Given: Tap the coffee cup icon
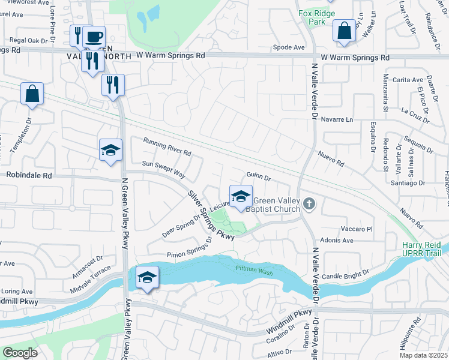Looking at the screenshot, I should (94, 36).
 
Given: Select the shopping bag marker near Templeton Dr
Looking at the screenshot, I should (32, 94).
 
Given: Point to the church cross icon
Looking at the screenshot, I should (309, 205).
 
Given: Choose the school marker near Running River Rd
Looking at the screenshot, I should (111, 151).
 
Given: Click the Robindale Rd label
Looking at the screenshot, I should (29, 176).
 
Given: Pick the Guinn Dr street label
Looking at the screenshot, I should (259, 178).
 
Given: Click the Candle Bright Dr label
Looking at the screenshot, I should (345, 275).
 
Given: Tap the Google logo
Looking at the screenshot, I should (20, 353).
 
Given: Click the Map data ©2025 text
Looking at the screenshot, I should (423, 355).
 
